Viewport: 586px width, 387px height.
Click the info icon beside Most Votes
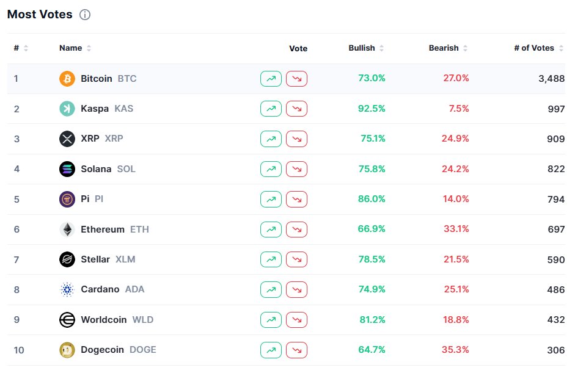point(85,15)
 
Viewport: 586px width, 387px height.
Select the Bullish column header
point(361,48)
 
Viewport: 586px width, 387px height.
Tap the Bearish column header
point(444,48)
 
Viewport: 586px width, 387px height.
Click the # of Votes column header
point(534,48)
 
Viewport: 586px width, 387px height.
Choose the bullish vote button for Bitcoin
point(271,79)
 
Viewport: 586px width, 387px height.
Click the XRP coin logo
point(67,139)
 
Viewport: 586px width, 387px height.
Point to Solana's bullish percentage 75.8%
point(372,169)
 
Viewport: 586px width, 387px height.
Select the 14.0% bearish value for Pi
point(456,199)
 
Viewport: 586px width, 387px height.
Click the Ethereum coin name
point(103,229)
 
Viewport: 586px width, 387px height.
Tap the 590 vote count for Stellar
point(556,260)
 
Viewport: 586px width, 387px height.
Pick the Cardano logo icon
point(67,289)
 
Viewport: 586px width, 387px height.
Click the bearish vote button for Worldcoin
point(297,320)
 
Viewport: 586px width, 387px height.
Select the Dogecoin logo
point(67,350)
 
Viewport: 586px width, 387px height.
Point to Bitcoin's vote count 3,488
point(552,79)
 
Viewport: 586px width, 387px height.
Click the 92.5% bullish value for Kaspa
point(372,109)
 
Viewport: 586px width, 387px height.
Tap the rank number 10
point(19,350)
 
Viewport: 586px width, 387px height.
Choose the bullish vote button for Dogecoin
point(271,350)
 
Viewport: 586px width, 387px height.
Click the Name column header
point(71,48)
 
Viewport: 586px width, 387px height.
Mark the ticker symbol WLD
point(143,320)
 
